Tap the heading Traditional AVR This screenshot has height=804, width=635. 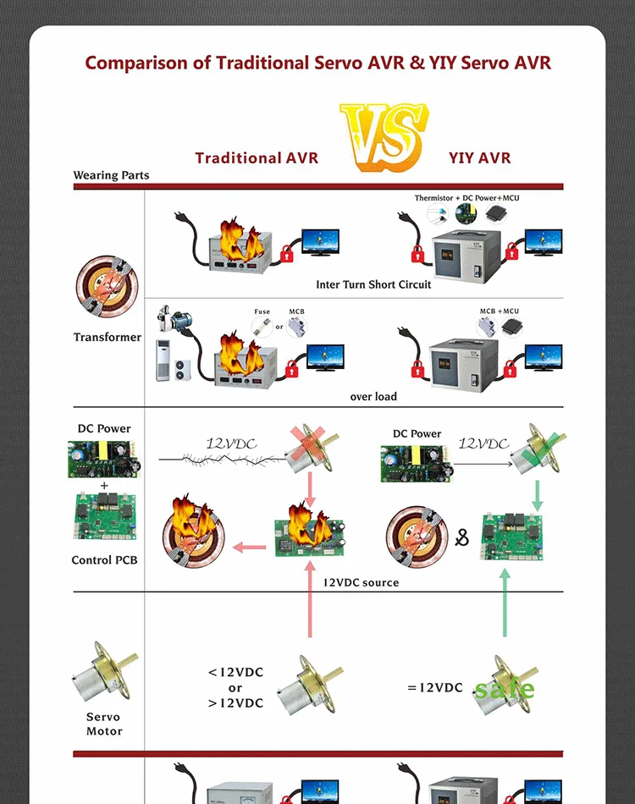tap(257, 158)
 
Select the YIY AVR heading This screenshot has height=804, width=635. tap(479, 158)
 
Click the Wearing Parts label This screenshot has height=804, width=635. tap(111, 176)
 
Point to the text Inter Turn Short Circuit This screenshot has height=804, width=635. tap(373, 284)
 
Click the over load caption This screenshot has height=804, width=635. tap(373, 397)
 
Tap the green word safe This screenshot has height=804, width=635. tap(505, 689)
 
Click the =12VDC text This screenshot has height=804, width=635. tap(435, 687)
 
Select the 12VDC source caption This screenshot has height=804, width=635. tap(361, 582)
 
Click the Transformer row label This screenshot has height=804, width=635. tap(108, 338)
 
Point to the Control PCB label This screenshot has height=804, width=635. tap(104, 560)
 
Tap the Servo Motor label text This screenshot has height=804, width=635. tap(104, 724)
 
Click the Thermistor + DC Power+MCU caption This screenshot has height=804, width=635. tap(467, 198)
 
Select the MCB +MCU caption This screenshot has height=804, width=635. tap(499, 311)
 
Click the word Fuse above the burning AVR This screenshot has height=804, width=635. tap(262, 311)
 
